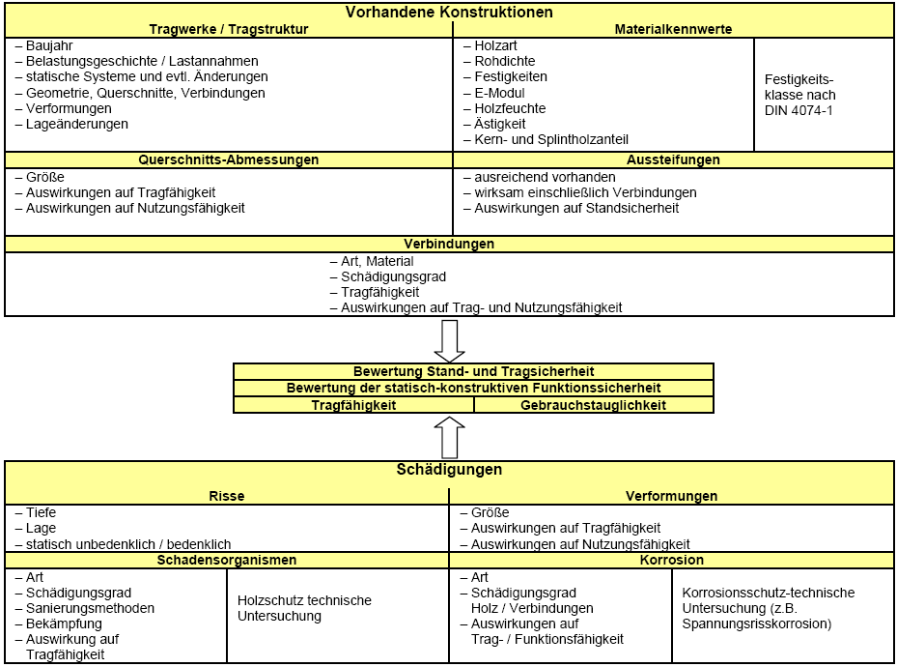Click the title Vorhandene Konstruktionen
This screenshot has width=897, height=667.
(x=449, y=12)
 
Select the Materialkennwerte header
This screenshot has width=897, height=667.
(x=673, y=29)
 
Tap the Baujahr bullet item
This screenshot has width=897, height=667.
(x=44, y=45)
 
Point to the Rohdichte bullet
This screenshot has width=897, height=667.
(x=499, y=61)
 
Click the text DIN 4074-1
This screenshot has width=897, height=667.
(x=799, y=110)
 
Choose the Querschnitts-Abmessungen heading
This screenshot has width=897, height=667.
(x=229, y=159)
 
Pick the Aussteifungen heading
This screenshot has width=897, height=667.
(x=673, y=159)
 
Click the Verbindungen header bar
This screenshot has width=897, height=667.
(x=449, y=244)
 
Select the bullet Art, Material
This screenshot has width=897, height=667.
(x=372, y=262)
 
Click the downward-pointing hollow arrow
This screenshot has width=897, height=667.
(x=450, y=341)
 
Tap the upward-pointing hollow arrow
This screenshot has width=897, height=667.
(x=450, y=437)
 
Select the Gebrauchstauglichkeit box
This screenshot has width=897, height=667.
(x=594, y=405)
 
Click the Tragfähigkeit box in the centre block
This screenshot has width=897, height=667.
(x=354, y=405)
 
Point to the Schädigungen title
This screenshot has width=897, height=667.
(x=449, y=470)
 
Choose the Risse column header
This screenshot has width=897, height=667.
(x=227, y=497)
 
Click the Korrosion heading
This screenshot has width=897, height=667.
(x=672, y=560)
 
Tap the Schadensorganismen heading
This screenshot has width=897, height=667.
(x=227, y=560)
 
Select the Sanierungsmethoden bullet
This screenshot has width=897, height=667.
(x=85, y=608)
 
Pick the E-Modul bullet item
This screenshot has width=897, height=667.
(x=493, y=93)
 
